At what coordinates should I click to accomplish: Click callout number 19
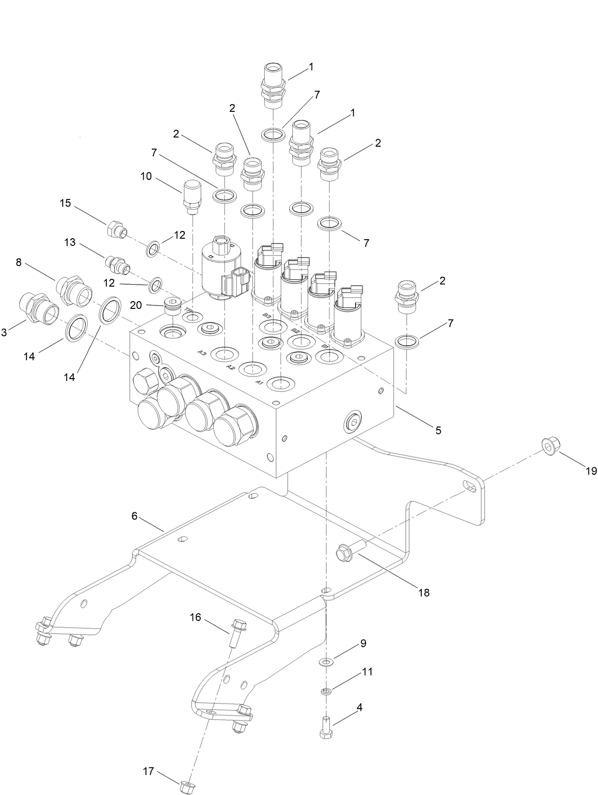pyautogui.click(x=591, y=471)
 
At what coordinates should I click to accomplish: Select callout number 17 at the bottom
pyautogui.click(x=149, y=771)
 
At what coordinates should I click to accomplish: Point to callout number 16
pyautogui.click(x=195, y=617)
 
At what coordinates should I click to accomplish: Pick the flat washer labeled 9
pyautogui.click(x=328, y=661)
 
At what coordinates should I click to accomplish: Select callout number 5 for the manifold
pyautogui.click(x=438, y=430)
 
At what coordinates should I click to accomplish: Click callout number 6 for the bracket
pyautogui.click(x=135, y=517)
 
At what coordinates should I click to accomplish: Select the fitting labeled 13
pyautogui.click(x=118, y=264)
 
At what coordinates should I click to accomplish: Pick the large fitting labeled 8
pyautogui.click(x=74, y=289)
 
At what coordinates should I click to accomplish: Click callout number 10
pyautogui.click(x=146, y=177)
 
